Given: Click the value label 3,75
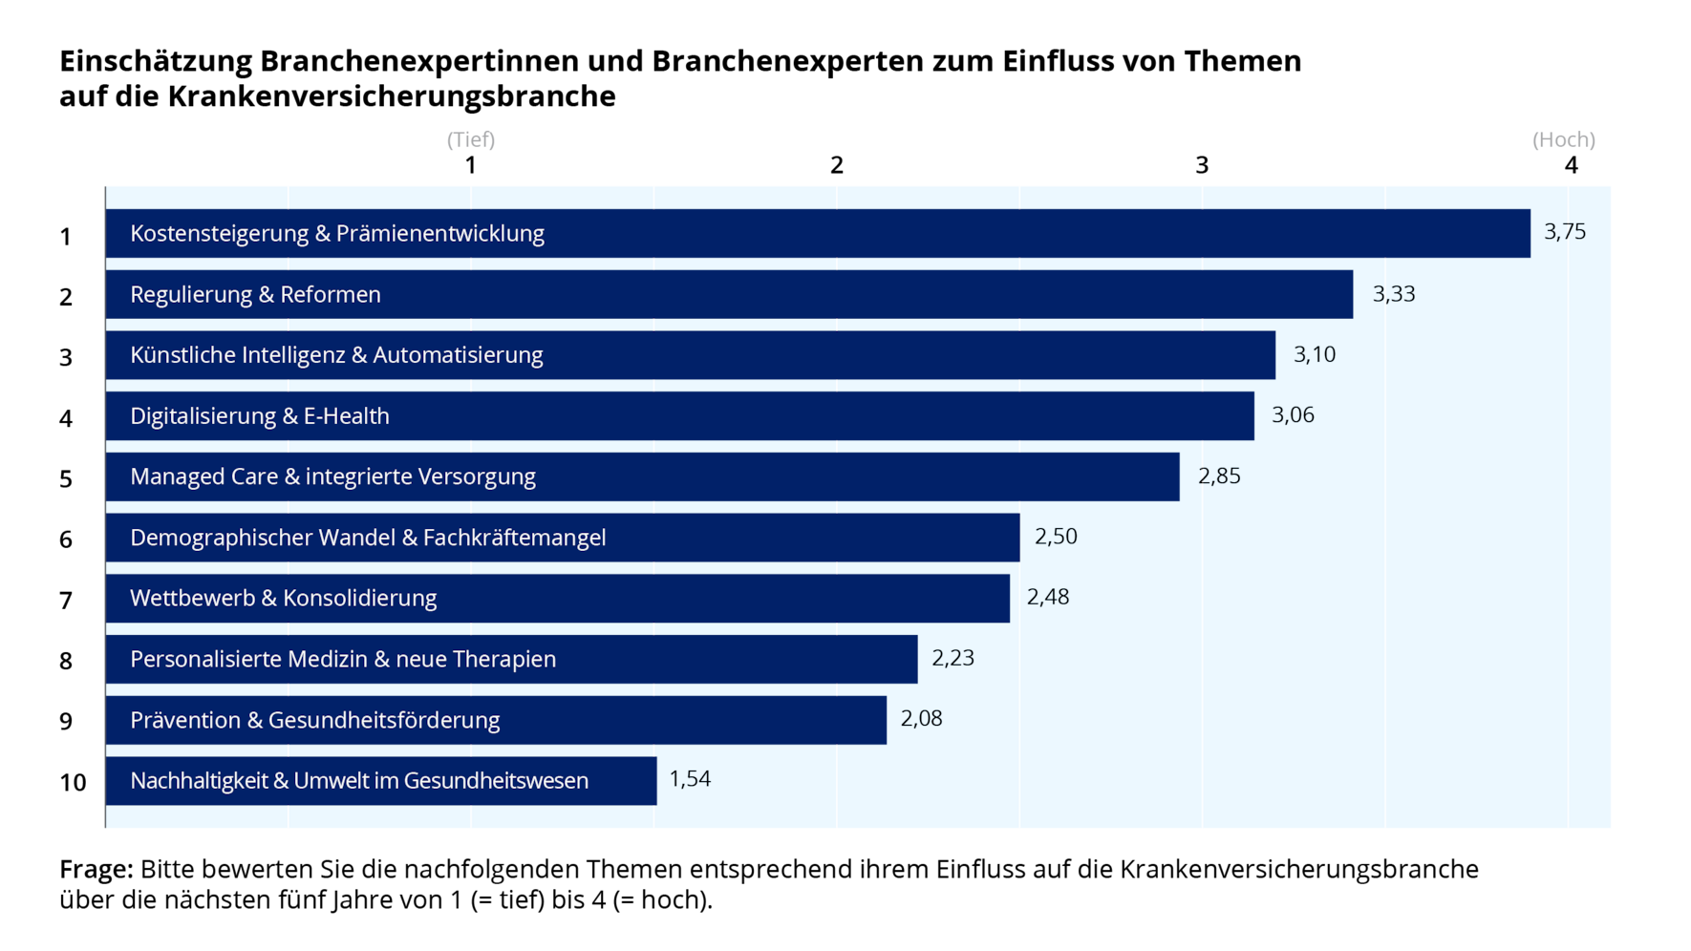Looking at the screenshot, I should point(1564,232).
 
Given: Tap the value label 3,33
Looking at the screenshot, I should point(1393,294).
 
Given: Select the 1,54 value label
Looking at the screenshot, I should point(690,779).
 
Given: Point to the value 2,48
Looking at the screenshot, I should point(1047,597).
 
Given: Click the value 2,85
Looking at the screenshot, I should point(1218,475).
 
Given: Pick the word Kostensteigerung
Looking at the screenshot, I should point(219,234).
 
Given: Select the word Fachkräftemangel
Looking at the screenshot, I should point(514,538).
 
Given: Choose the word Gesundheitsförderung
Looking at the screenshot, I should point(383,720).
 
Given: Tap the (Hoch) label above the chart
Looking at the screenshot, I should point(1563,140).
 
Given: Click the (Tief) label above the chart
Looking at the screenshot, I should point(471,140).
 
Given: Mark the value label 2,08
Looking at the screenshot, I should point(921,718).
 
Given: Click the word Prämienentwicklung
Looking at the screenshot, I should point(439,234).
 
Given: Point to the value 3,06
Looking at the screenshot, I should point(1292,415).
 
